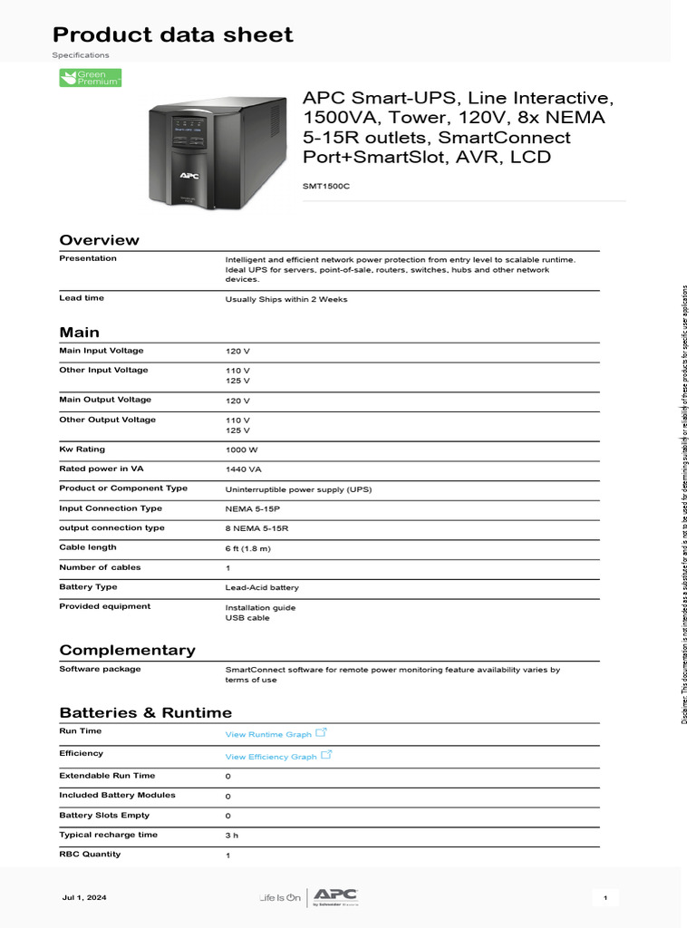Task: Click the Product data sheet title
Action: point(172,35)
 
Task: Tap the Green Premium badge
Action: point(90,79)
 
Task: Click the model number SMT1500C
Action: point(325,186)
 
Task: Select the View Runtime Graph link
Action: point(268,734)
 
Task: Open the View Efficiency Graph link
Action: point(271,756)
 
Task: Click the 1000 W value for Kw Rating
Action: point(242,450)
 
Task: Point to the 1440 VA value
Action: point(244,469)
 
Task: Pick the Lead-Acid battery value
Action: point(262,587)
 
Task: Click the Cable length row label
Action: point(88,547)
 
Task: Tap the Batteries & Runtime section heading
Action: point(145,712)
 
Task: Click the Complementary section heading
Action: point(127,650)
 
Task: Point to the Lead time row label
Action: point(82,298)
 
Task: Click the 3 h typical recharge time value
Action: point(231,836)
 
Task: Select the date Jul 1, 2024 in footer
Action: point(83,897)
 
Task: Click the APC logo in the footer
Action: point(329,895)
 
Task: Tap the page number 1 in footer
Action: point(605,897)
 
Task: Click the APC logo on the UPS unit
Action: point(189,175)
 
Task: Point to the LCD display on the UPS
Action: point(189,130)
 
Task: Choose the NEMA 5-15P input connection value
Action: point(252,509)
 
